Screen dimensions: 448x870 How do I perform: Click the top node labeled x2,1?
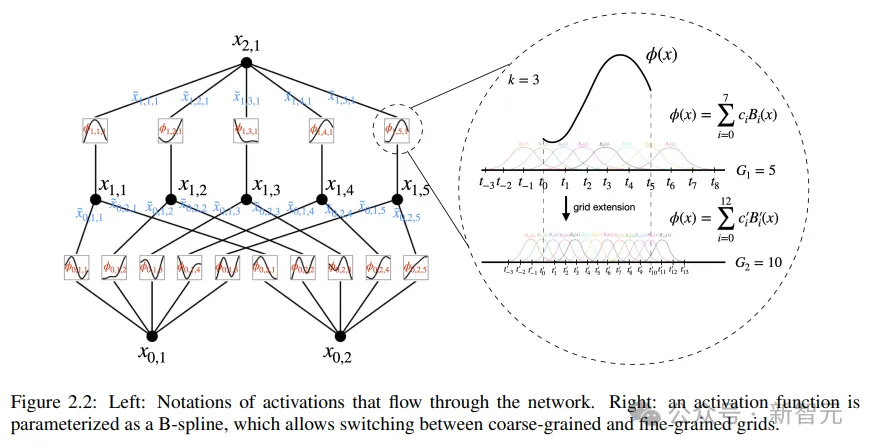(246, 63)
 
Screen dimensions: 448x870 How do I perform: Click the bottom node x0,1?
(152, 335)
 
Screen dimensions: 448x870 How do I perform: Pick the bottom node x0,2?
(340, 335)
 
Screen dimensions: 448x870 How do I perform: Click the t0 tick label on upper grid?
(543, 185)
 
